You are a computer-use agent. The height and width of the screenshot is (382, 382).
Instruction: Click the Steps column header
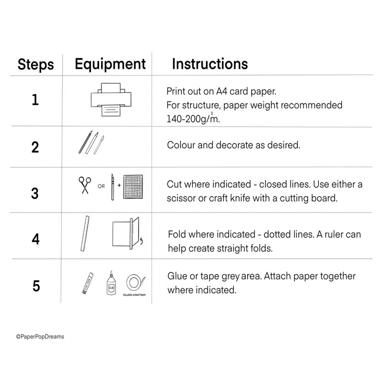[x=36, y=65]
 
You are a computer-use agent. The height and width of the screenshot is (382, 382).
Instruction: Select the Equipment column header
[x=110, y=64]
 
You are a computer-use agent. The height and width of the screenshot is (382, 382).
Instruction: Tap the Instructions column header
[x=210, y=64]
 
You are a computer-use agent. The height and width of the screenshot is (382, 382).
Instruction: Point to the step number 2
[x=35, y=147]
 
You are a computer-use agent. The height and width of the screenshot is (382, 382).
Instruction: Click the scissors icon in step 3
[x=85, y=185]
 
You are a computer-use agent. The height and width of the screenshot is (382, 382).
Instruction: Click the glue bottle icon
[x=111, y=283]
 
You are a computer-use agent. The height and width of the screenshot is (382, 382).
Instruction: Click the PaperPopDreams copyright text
[x=39, y=337]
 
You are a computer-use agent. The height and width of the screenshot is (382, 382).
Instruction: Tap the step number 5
[x=36, y=286]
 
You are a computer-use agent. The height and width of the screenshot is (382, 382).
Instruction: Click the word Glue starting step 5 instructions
[x=178, y=276]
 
